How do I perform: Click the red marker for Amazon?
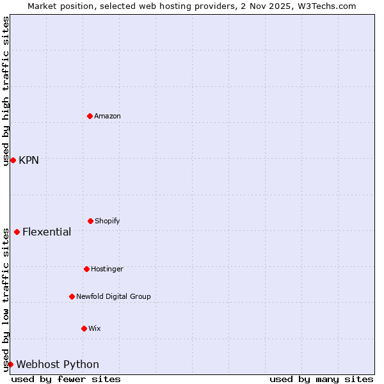[90, 116]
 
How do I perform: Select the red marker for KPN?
[13, 160]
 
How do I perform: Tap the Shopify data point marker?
[90, 221]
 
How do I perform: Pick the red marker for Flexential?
[17, 232]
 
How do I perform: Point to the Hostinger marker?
[86, 269]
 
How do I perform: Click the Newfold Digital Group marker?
[72, 296]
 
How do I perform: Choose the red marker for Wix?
[84, 328]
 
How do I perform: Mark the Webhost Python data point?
[10, 364]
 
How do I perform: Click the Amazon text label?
[108, 116]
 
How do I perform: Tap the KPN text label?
[29, 160]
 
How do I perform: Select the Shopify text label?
[108, 221]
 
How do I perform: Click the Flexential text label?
[47, 232]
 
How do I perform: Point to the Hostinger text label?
[107, 269]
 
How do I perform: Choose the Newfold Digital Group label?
[113, 296]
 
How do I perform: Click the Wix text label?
[95, 328]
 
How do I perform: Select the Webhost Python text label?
[58, 364]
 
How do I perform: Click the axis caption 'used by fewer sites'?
[66, 379]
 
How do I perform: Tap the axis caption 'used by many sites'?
[321, 379]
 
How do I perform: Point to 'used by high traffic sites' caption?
[6, 91]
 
